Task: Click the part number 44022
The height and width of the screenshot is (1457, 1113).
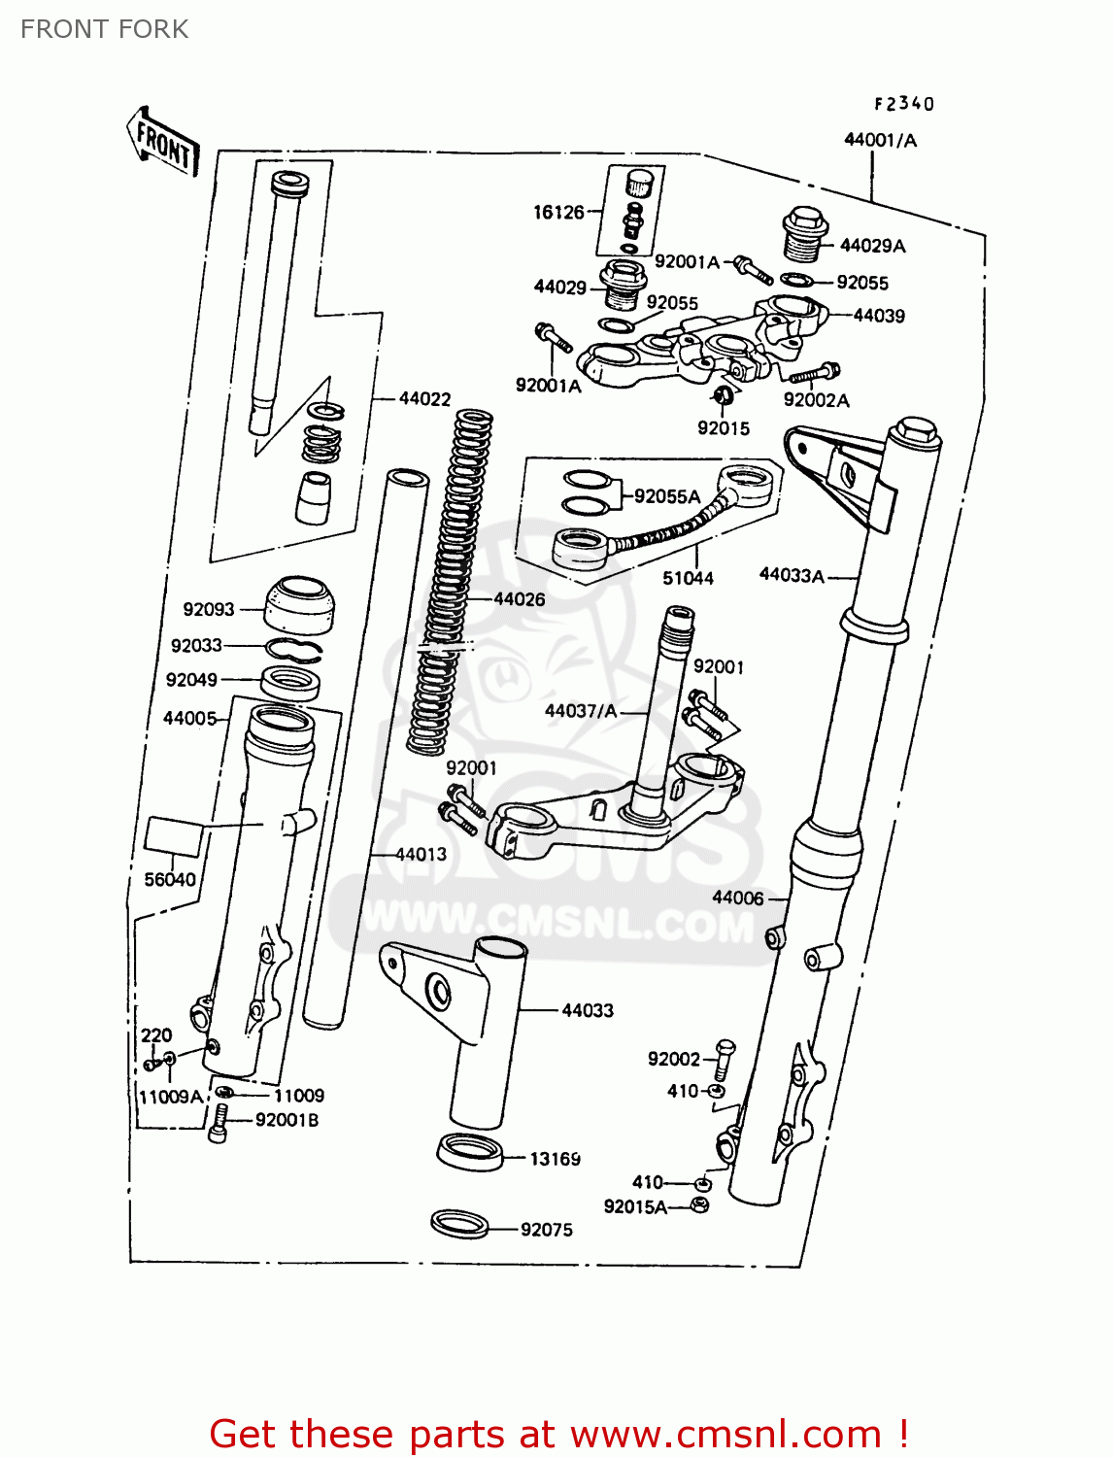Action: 424,399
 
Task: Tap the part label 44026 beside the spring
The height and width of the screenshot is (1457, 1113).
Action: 520,599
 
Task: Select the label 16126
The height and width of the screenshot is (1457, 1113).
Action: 558,212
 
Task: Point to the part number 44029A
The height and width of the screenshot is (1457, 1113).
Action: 872,246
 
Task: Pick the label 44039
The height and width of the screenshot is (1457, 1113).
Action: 879,316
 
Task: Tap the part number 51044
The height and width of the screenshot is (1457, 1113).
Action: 688,578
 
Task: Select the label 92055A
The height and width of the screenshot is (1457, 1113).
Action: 667,496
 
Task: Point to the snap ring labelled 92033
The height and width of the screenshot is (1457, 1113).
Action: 294,649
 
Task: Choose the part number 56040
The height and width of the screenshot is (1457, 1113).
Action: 170,879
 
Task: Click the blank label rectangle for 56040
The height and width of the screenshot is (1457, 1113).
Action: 175,836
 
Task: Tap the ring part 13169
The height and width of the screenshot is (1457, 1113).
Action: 470,1152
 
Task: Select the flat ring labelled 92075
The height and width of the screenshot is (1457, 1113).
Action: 459,1224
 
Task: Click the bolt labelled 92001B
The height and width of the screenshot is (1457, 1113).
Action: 219,1125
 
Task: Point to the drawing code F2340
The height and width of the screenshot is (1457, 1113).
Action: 903,104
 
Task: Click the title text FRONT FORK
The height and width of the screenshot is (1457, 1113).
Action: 105,29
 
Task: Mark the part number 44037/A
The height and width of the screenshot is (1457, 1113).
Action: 581,711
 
